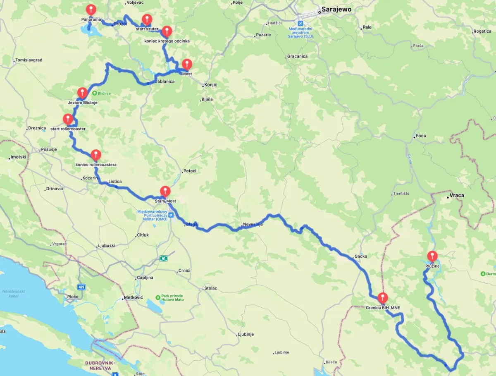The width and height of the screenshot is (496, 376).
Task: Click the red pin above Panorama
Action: (x=91, y=9)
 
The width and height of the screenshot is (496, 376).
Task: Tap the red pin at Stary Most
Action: (x=165, y=191)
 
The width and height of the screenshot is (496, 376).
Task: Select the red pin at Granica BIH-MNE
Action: (x=383, y=297)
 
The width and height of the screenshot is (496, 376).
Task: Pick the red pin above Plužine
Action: (x=432, y=256)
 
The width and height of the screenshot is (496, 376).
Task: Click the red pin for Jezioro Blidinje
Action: (x=82, y=93)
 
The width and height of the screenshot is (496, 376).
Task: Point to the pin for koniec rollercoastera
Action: (x=96, y=155)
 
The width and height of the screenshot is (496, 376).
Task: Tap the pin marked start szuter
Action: (x=147, y=19)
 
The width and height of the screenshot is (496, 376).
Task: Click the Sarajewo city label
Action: (x=337, y=9)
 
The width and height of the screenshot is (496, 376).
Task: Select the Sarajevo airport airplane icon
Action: (x=300, y=23)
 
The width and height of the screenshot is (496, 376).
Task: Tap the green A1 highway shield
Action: (x=164, y=259)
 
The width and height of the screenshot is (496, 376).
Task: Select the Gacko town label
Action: (x=360, y=256)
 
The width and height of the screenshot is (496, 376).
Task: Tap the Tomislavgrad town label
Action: (x=29, y=60)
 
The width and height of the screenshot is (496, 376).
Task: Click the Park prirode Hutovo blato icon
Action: (x=158, y=297)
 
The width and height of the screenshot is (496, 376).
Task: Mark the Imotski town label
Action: (x=19, y=157)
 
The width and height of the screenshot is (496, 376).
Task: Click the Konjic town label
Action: (x=210, y=85)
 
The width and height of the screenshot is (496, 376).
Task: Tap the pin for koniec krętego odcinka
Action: (x=167, y=31)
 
